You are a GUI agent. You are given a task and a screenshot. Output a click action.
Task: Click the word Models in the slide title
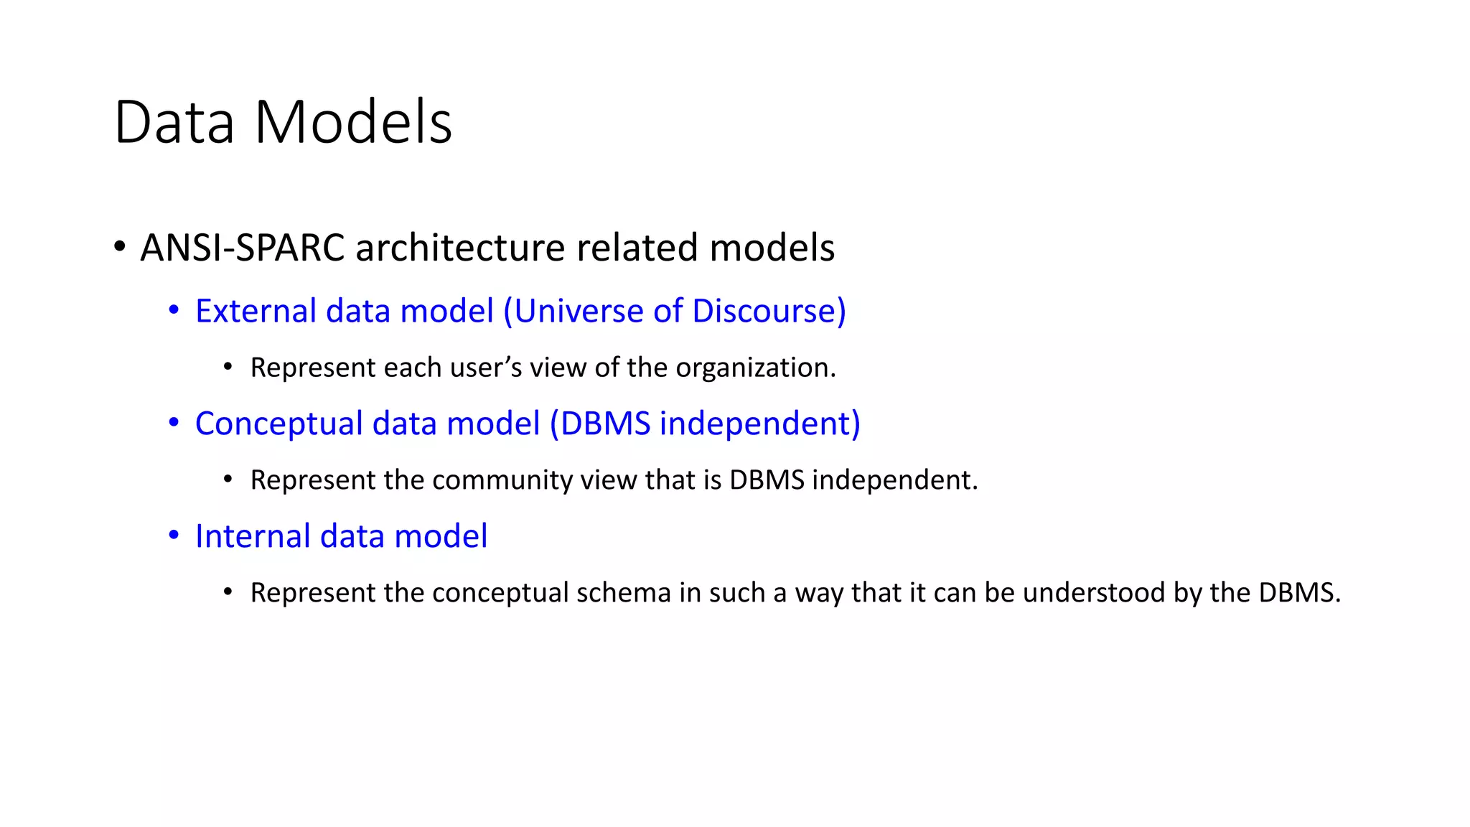tap(353, 123)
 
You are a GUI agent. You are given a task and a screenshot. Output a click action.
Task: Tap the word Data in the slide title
tap(174, 123)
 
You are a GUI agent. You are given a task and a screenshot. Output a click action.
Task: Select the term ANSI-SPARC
tap(243, 248)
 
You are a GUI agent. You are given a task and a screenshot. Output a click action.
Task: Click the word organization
tap(755, 368)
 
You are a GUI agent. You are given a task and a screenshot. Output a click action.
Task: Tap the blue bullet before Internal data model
tap(174, 536)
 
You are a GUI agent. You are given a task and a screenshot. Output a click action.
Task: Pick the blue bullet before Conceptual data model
tap(174, 423)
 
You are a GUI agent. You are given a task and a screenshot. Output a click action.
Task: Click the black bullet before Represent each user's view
tap(228, 368)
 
